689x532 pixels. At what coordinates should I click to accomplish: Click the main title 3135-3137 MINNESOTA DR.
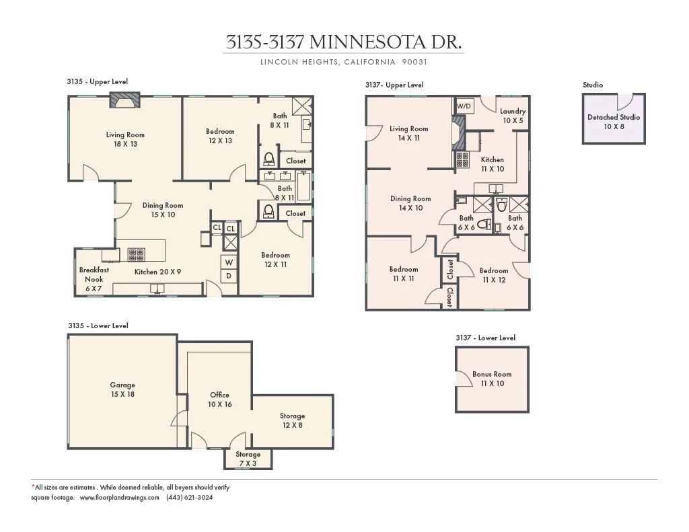click(x=344, y=42)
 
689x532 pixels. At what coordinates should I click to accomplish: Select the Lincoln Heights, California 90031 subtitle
click(x=344, y=62)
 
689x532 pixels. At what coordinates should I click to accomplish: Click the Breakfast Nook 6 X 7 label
click(x=94, y=278)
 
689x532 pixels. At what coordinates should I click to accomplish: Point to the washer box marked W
click(x=229, y=262)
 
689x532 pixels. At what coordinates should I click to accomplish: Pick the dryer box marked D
click(x=229, y=276)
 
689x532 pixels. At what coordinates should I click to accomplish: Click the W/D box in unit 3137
click(x=464, y=106)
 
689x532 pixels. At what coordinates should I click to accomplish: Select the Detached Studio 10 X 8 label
click(x=613, y=121)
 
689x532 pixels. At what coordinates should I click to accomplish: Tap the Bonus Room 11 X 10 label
click(x=492, y=379)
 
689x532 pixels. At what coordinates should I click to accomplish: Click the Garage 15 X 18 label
click(x=122, y=389)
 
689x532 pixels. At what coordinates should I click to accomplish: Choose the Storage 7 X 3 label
click(x=248, y=459)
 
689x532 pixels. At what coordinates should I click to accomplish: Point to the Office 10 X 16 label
click(x=219, y=400)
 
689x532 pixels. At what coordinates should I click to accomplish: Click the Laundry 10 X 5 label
click(x=513, y=116)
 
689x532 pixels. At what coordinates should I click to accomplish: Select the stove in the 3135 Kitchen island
click(x=137, y=254)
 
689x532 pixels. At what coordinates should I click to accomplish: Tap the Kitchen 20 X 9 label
click(x=158, y=272)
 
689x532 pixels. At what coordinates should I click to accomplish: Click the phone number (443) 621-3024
click(x=190, y=498)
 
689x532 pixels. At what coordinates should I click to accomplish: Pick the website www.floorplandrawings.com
click(x=119, y=498)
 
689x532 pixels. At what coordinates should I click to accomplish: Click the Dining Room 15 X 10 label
click(x=162, y=210)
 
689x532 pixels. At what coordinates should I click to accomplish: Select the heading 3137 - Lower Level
click(x=485, y=338)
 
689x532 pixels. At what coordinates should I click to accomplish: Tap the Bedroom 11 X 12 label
click(x=494, y=275)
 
